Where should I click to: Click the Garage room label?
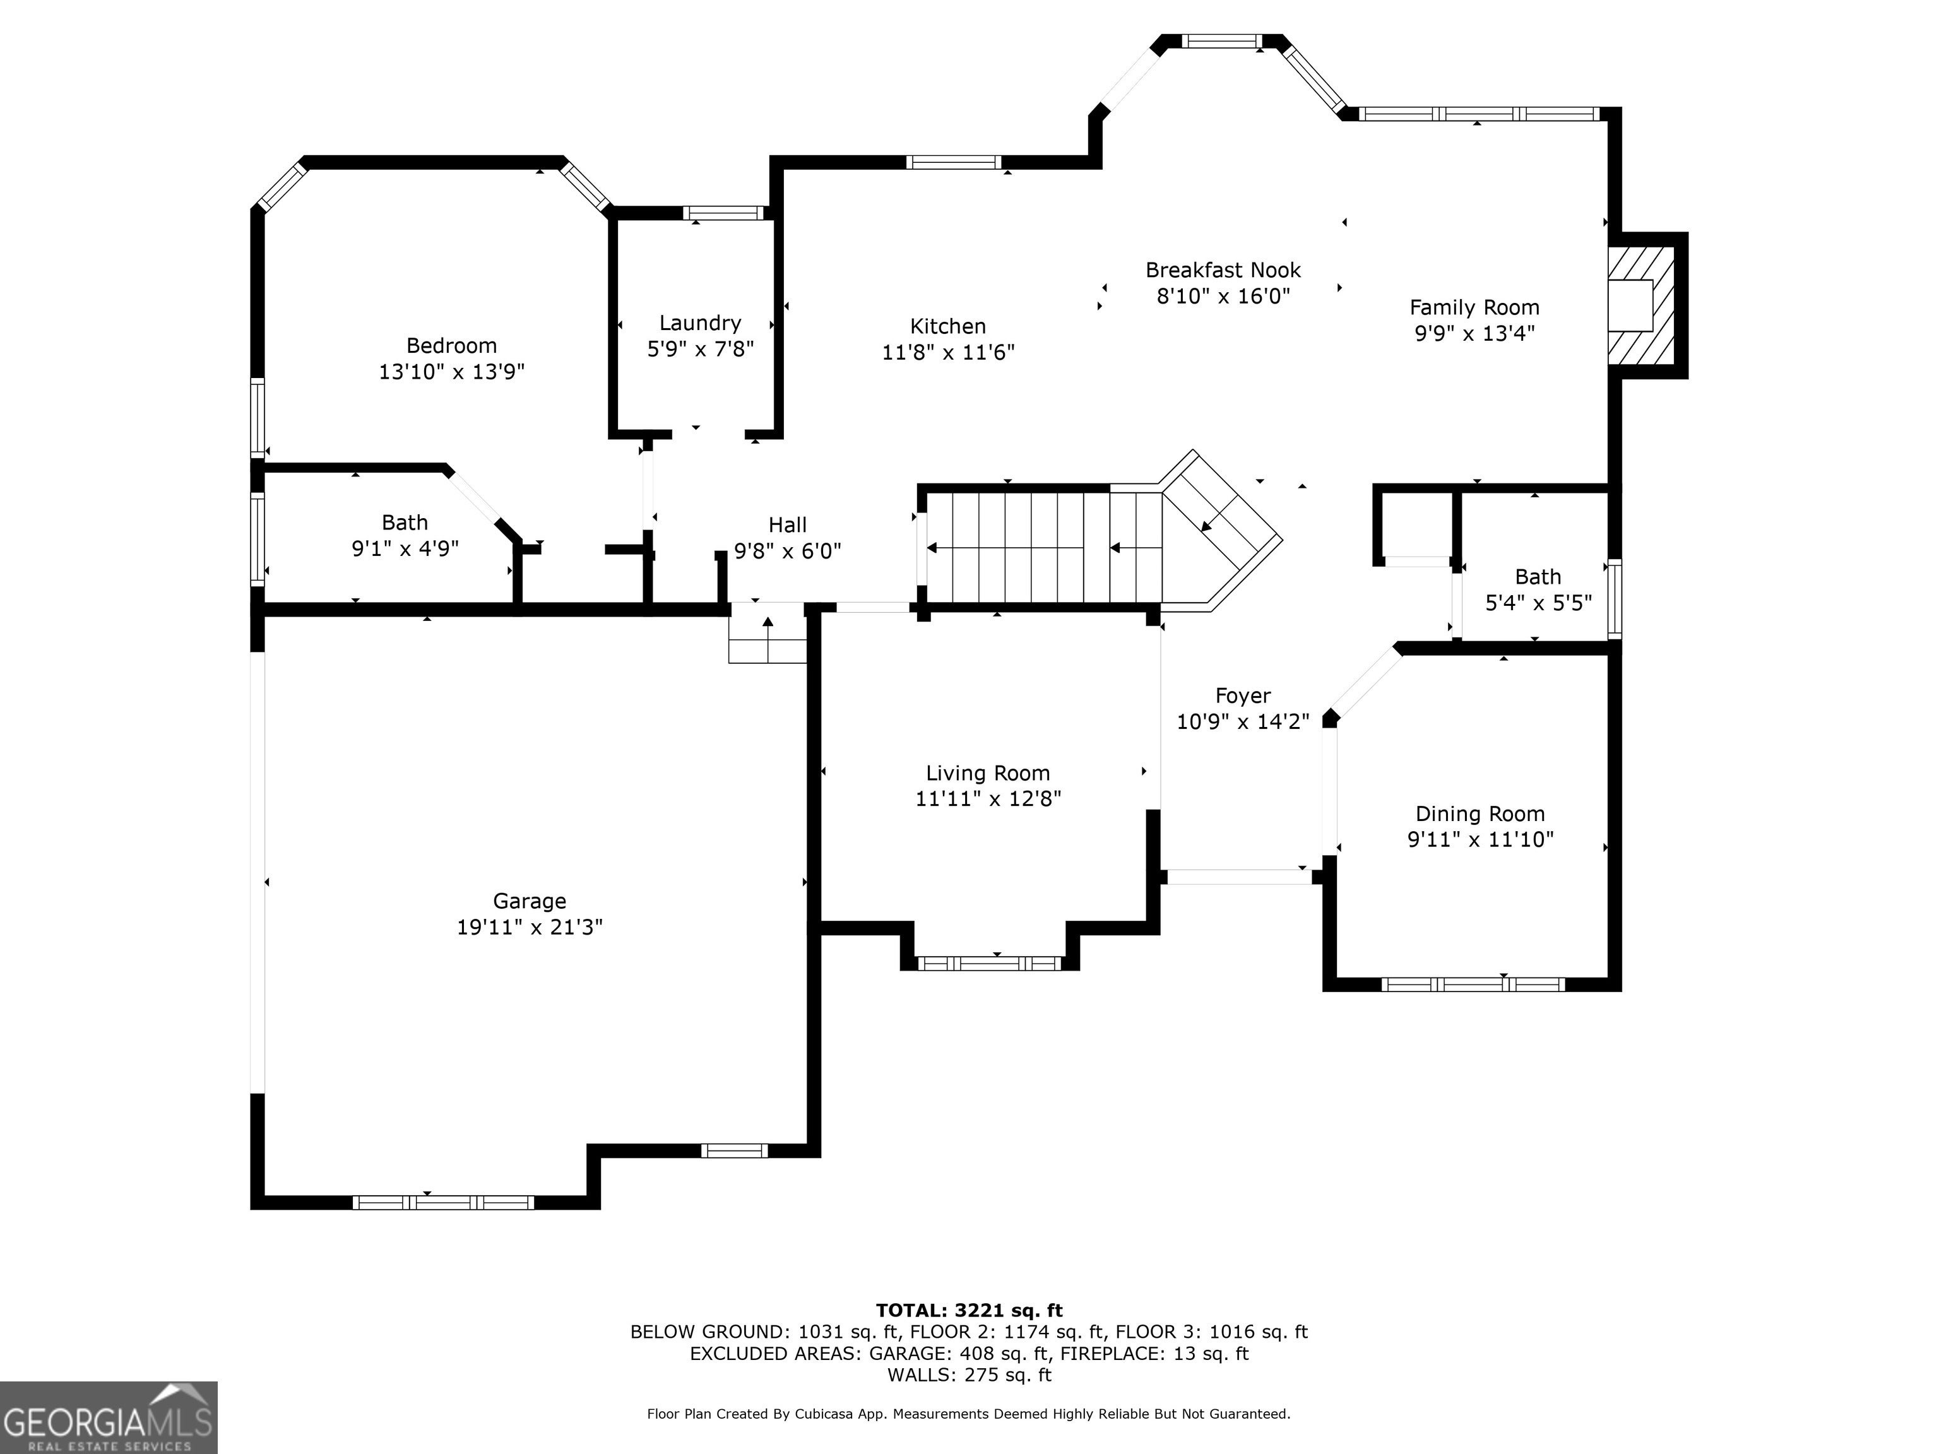coord(530,901)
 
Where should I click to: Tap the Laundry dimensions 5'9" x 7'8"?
coord(701,349)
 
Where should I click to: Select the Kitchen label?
coord(947,326)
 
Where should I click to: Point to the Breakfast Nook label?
coord(1223,270)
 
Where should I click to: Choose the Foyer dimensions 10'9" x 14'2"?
coord(1243,721)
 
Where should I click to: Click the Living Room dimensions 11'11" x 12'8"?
coord(988,798)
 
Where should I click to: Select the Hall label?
coord(787,525)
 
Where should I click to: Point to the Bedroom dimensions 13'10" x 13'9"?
coord(451,372)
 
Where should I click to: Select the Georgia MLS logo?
coord(109,1418)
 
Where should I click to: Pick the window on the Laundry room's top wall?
coord(723,213)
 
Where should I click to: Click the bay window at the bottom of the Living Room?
coord(990,963)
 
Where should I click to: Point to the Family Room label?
coord(1474,307)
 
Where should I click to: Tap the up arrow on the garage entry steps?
coord(768,639)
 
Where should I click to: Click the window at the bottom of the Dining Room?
coord(1473,984)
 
